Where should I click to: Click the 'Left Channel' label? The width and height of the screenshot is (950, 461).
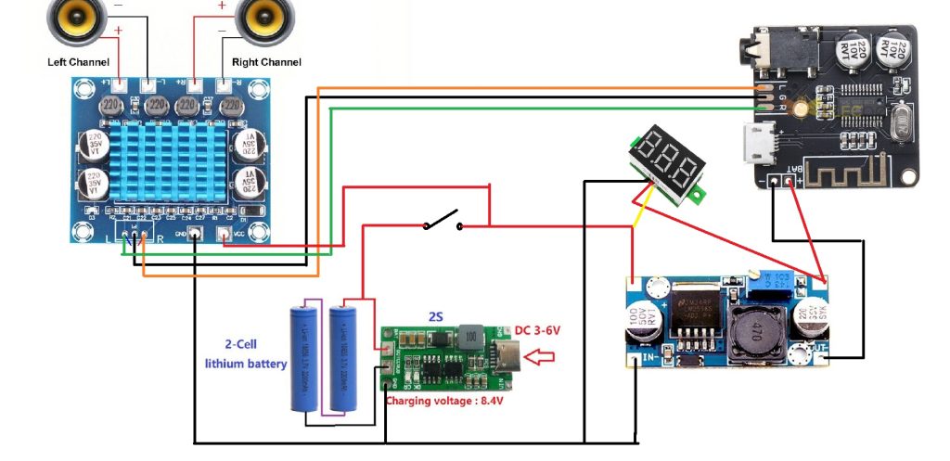click(78, 62)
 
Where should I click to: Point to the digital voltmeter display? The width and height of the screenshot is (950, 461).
click(666, 166)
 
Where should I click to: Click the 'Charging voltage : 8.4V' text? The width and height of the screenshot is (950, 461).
click(447, 401)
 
